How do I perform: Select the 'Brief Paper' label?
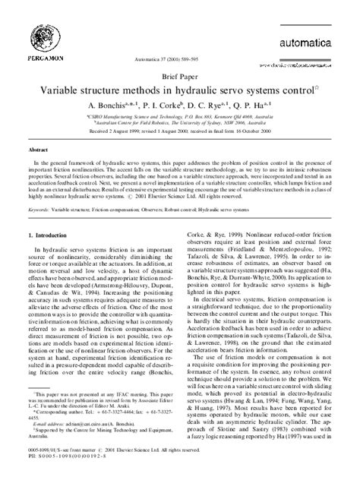click(x=180, y=97)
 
